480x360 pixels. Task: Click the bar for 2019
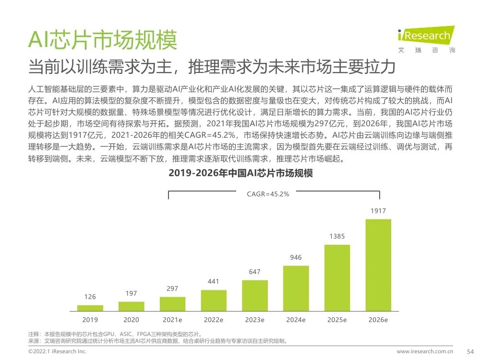90,308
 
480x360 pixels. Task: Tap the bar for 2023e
255,296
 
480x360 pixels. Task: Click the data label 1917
378,211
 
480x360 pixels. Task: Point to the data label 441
214,281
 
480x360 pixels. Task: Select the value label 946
296,258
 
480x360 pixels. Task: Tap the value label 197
131,293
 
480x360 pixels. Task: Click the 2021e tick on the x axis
172,320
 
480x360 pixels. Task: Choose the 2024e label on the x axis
296,320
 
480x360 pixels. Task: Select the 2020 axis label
131,320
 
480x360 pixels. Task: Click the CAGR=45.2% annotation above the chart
268,194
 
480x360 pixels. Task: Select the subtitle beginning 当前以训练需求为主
211,66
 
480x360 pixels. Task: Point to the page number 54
470,352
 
